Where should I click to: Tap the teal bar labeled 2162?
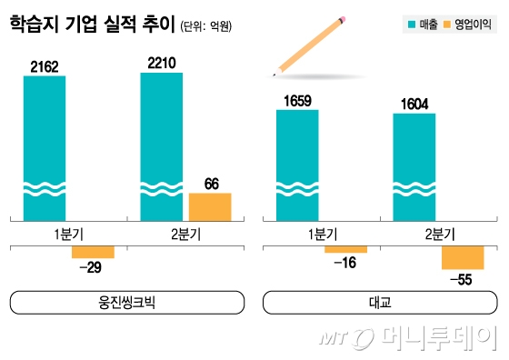coord(45,145)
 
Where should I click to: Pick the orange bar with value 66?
coord(210,205)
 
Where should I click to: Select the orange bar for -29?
coord(94,252)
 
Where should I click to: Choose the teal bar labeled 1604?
coord(414,165)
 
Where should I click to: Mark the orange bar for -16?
coord(345,249)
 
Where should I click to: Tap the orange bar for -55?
coord(463,257)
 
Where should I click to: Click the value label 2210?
coord(161,63)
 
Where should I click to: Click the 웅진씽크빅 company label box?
coord(126,302)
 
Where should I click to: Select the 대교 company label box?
coord(379,302)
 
